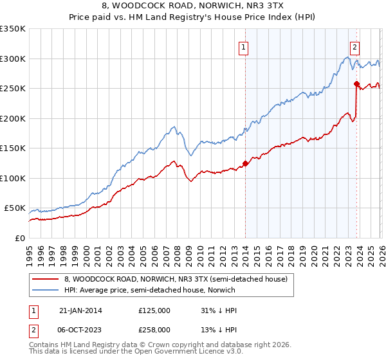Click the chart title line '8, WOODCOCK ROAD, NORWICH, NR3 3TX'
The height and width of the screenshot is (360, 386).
[x=192, y=6]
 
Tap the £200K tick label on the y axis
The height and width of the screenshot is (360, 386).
[x=13, y=118]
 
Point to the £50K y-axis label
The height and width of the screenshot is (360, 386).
[x=15, y=208]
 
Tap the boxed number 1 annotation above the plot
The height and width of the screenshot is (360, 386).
[x=244, y=46]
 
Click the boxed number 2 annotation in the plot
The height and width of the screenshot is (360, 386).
[x=355, y=46]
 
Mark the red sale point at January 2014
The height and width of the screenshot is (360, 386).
[x=245, y=163]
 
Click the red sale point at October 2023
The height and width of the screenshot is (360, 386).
[x=356, y=84]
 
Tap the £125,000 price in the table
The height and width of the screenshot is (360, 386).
[x=154, y=310]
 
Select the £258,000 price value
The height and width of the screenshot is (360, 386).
[x=154, y=328]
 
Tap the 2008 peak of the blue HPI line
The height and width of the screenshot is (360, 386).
[x=174, y=126]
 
